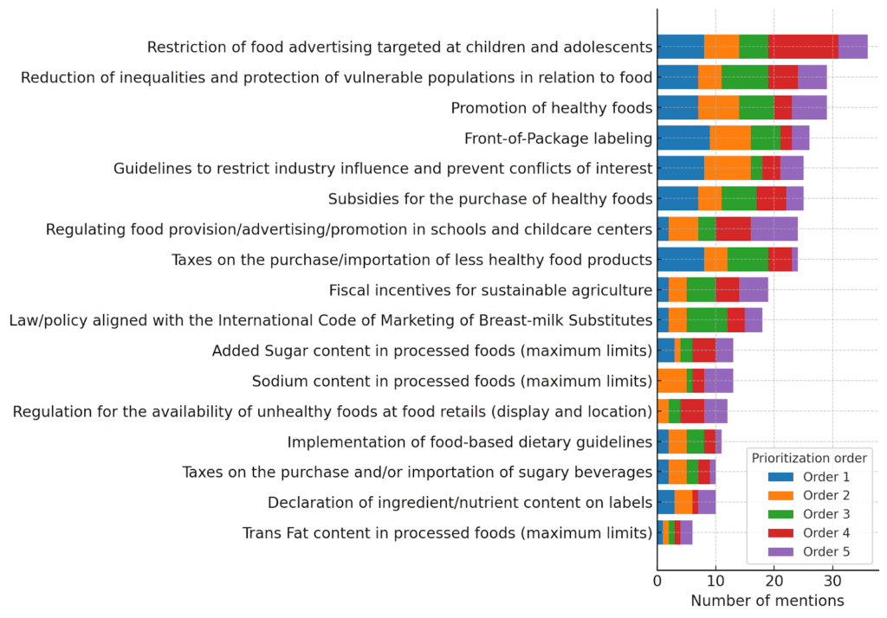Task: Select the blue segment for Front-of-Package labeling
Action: pyautogui.click(x=683, y=138)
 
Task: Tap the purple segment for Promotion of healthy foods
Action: pyautogui.click(x=809, y=107)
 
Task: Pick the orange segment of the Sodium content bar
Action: pyautogui.click(x=671, y=381)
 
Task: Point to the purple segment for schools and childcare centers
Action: pyautogui.click(x=774, y=229)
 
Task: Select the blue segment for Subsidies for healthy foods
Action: pyautogui.click(x=677, y=199)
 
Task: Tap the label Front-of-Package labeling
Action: pyautogui.click(x=558, y=138)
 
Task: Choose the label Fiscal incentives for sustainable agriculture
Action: pyautogui.click(x=490, y=290)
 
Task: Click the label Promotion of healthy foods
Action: pyautogui.click(x=551, y=108)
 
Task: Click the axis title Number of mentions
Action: pyautogui.click(x=767, y=600)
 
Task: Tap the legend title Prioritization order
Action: pyautogui.click(x=809, y=457)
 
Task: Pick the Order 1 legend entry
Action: pyautogui.click(x=806, y=476)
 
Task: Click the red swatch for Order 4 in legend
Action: pyautogui.click(x=780, y=533)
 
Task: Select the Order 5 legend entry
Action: pyautogui.click(x=806, y=552)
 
